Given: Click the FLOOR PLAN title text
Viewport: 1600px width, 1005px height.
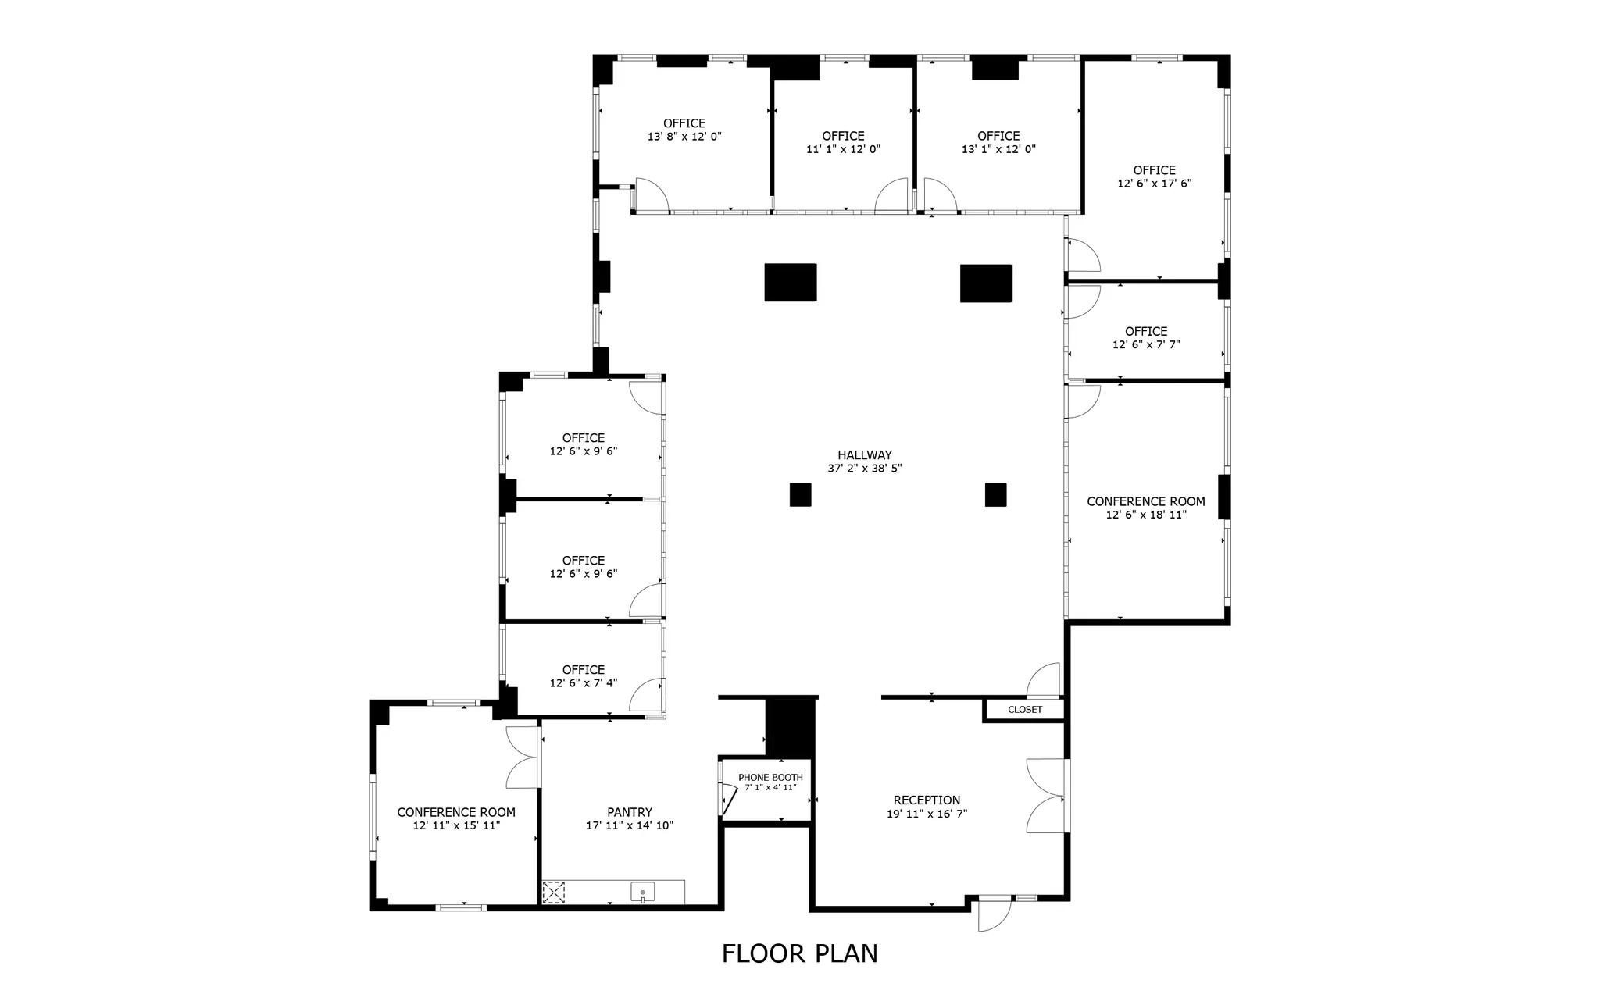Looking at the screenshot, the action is [799, 953].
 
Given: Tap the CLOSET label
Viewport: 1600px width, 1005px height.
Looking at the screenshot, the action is [1024, 710].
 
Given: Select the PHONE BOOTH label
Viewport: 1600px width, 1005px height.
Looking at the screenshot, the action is [770, 778].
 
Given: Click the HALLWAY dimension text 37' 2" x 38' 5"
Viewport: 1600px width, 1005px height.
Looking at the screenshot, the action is [865, 469].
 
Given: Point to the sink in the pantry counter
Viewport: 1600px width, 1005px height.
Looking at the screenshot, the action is [642, 892].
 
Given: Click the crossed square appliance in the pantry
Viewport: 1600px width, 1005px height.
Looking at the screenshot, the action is [554, 892].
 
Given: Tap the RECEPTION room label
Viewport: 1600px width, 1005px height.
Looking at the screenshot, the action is [927, 800].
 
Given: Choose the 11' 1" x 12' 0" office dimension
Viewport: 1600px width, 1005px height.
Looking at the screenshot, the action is [843, 149].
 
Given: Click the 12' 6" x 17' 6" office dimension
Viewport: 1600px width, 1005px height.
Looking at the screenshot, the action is [1154, 184].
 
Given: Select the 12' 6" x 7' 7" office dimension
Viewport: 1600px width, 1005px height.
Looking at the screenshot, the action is [1146, 344].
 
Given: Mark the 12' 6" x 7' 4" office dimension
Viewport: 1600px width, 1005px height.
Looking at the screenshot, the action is [584, 683].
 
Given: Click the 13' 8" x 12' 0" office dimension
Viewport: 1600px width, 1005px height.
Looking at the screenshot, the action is [684, 137].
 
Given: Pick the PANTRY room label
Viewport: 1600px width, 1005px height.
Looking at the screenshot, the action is [630, 813].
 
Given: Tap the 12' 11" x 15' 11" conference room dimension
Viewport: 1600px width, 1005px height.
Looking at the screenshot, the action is [456, 825].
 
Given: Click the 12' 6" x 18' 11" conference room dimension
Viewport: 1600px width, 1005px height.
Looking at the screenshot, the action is [1146, 515].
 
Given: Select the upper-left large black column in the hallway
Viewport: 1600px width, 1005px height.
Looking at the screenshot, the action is [791, 283].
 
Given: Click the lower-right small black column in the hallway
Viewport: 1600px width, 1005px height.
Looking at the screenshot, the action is [995, 495].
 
